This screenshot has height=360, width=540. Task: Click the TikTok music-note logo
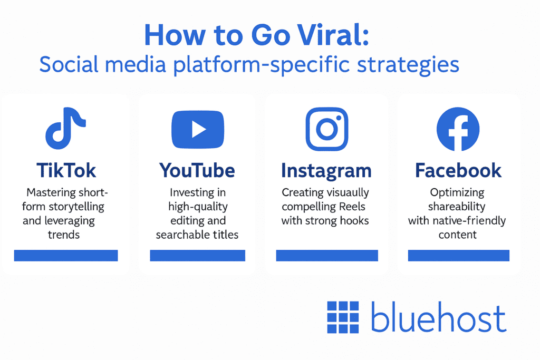pyautogui.click(x=65, y=128)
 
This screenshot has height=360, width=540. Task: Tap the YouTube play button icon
pyautogui.click(x=198, y=130)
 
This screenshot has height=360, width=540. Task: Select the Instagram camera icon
pyautogui.click(x=327, y=129)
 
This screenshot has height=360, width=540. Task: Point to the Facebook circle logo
pyautogui.click(x=458, y=129)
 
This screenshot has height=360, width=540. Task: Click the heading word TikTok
pyautogui.click(x=66, y=170)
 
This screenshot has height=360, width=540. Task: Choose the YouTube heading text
pyautogui.click(x=197, y=170)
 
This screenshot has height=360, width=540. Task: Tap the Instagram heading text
pyautogui.click(x=326, y=170)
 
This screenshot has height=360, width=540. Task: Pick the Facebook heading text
pyautogui.click(x=458, y=170)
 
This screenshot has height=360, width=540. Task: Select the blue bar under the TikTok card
pyautogui.click(x=66, y=256)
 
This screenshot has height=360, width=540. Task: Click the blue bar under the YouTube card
pyautogui.click(x=197, y=256)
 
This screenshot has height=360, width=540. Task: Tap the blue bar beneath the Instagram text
pyautogui.click(x=327, y=256)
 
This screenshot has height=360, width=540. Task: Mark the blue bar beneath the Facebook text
pyautogui.click(x=458, y=256)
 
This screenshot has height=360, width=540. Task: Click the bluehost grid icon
pyautogui.click(x=343, y=317)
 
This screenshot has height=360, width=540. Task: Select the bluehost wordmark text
pyautogui.click(x=438, y=318)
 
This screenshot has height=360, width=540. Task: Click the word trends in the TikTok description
pyautogui.click(x=64, y=235)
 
